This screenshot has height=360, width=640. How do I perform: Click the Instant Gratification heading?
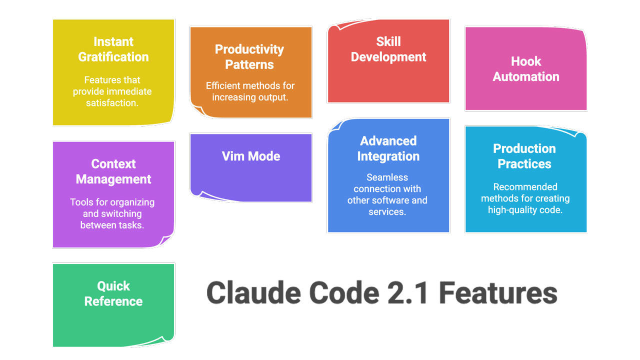[x=113, y=49]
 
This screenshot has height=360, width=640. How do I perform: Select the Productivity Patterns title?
[x=249, y=56]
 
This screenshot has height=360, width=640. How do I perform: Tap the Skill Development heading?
[x=388, y=49]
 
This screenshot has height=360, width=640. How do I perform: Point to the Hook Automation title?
[x=526, y=68]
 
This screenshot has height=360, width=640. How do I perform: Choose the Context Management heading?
[x=113, y=171]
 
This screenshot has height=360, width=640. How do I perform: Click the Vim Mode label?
[x=251, y=156]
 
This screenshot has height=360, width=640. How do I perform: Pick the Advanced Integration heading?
[x=388, y=148]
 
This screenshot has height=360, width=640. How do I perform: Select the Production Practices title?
[x=524, y=156]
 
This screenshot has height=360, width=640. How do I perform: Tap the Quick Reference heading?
[x=113, y=293]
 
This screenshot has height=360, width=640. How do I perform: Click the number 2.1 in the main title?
[x=405, y=293]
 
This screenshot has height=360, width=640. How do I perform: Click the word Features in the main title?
[x=498, y=293]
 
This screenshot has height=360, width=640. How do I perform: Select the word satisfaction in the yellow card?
[x=112, y=103]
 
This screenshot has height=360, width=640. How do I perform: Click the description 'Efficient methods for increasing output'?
[x=250, y=91]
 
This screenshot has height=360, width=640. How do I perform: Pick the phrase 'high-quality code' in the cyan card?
[x=525, y=210]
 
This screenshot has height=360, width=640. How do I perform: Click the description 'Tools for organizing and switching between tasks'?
[x=112, y=214]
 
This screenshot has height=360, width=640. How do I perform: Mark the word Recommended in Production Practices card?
[x=525, y=187]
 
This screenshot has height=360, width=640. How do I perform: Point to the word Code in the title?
[x=340, y=293]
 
